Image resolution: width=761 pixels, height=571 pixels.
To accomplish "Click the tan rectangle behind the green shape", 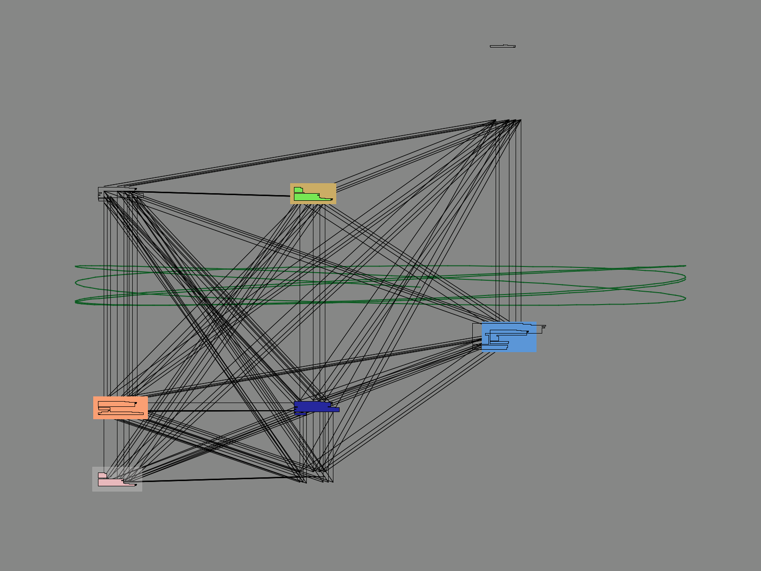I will click(328, 188).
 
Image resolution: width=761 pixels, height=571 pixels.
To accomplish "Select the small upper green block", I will click(298, 190).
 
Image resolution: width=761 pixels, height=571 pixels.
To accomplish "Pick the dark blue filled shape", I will click(314, 407).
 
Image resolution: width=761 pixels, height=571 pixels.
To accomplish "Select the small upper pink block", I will click(102, 475).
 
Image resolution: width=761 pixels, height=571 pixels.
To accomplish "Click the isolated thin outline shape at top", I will click(502, 46).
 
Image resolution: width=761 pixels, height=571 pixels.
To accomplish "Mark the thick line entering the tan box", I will click(214, 194).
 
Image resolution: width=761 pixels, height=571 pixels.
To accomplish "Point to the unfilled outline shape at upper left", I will click(114, 190).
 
